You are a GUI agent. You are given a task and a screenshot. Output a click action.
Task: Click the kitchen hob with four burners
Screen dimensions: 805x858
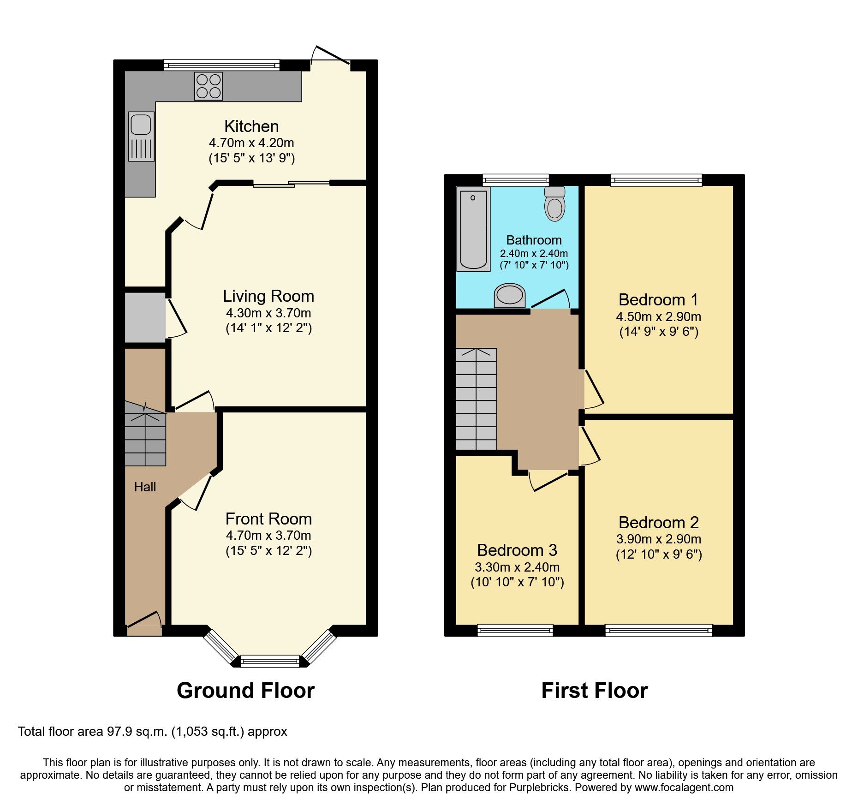209,86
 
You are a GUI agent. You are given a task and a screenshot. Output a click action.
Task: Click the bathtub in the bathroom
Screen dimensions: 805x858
473,229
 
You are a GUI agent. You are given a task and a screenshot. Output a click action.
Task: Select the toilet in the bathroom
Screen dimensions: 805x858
555,204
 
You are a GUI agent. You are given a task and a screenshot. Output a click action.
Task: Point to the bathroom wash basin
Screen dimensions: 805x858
510,295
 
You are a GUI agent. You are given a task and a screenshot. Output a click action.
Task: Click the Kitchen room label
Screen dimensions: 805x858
251,126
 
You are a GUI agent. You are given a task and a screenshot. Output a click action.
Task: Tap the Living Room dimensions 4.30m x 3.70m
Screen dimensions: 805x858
268,313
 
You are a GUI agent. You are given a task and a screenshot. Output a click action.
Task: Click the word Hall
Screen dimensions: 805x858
145,487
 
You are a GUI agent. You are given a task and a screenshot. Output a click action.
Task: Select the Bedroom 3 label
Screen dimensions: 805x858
517,550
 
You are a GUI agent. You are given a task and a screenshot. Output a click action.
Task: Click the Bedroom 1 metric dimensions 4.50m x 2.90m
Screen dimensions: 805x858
658,317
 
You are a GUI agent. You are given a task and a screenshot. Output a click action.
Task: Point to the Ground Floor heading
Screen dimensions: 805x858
245,691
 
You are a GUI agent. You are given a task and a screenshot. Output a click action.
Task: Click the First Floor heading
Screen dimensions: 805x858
594,691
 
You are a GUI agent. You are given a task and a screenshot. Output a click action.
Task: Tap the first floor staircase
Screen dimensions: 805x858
476,399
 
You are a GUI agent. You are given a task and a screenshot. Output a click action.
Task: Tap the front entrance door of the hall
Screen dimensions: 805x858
144,620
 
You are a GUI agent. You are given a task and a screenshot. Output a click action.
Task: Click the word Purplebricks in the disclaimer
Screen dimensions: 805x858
539,787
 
